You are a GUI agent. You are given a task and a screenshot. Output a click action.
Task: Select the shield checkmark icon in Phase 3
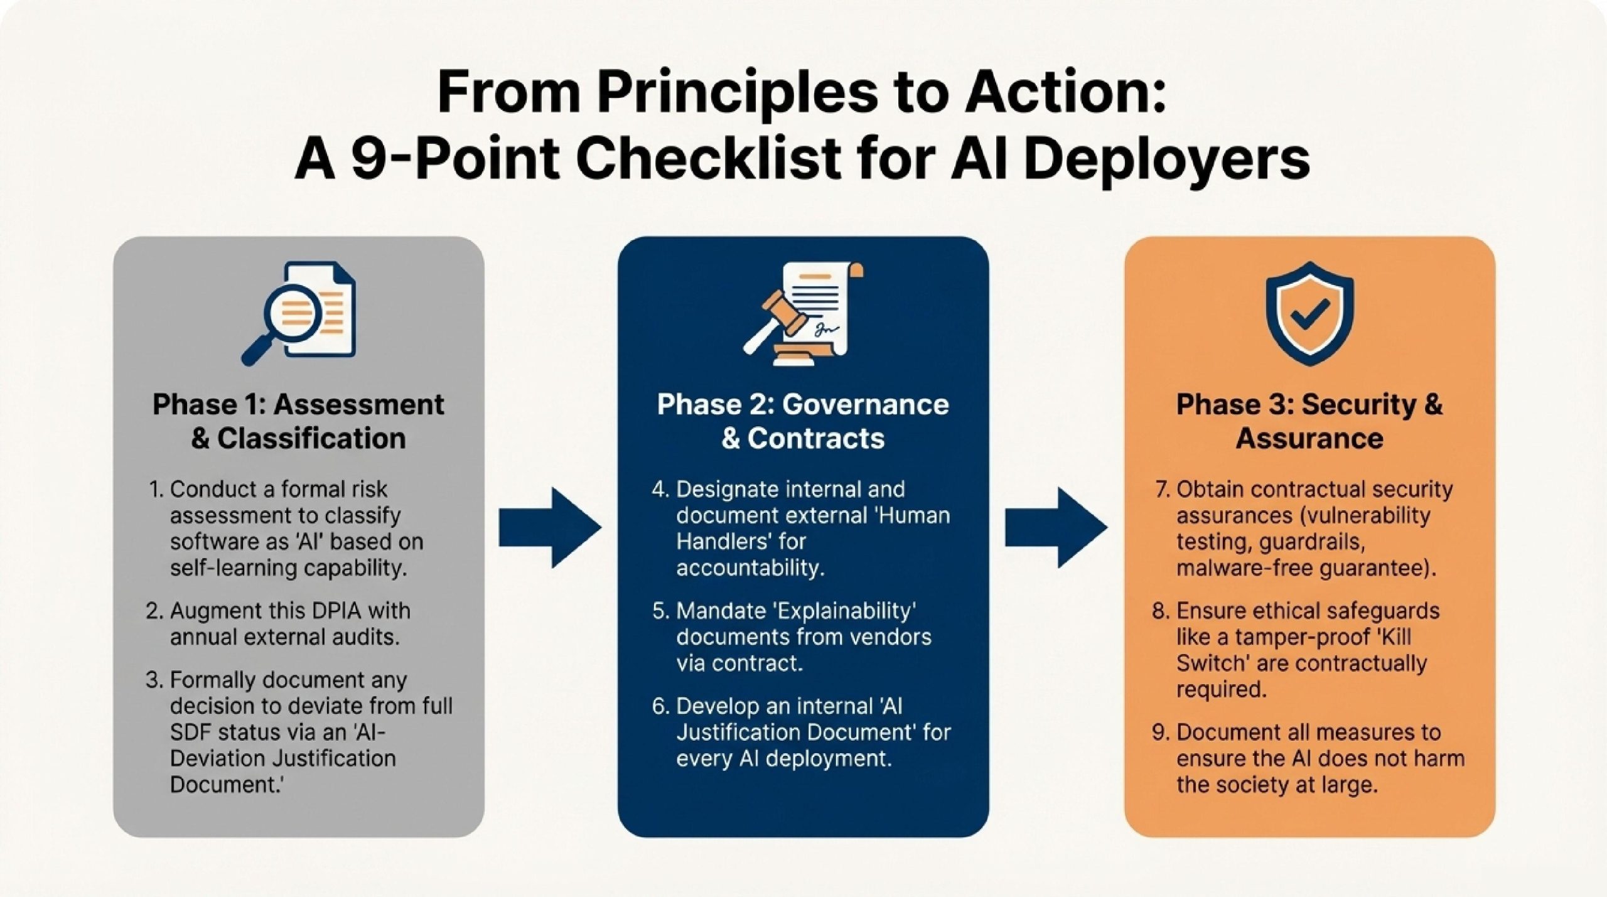1309,313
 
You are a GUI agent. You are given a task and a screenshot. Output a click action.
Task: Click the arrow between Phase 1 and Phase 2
550,527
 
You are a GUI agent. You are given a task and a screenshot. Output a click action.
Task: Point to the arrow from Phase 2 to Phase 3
1056,527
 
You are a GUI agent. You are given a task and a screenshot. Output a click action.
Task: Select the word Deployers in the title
1166,158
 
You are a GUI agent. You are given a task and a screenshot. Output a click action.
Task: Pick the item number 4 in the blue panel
660,490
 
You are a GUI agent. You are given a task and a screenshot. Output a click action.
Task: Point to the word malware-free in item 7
1241,568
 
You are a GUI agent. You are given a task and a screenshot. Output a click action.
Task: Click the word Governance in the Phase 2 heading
866,405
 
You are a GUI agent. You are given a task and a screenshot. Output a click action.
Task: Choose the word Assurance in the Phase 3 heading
1309,439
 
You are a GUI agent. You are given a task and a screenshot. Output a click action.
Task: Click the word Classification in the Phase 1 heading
311,439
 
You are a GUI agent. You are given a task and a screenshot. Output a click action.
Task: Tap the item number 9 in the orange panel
1159,733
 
